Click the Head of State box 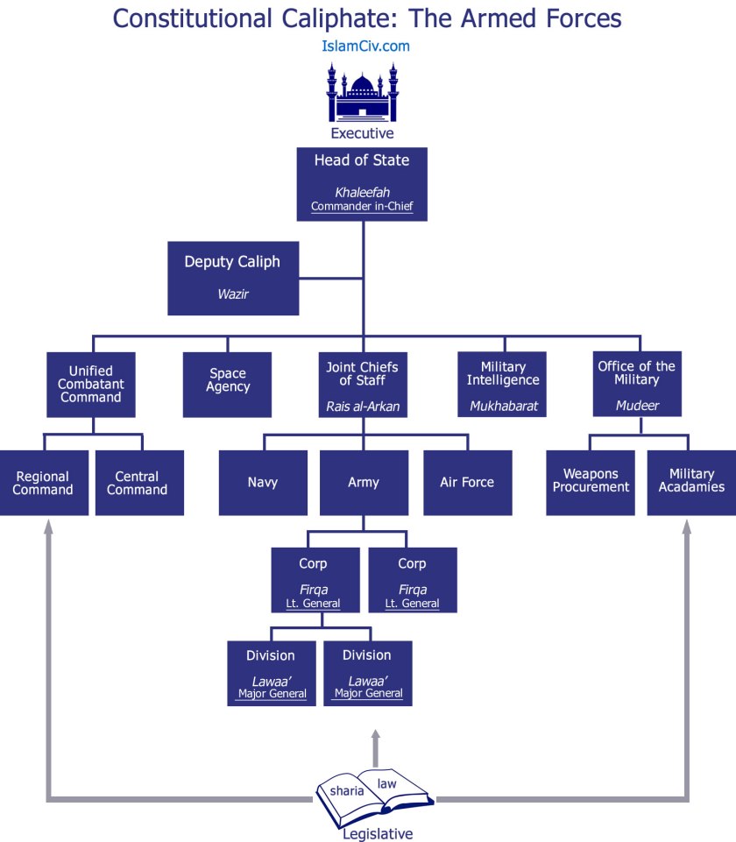[362, 184]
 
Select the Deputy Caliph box [233, 278]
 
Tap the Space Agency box [228, 384]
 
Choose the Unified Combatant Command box [91, 384]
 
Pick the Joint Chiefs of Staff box [363, 384]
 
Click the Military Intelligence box [502, 384]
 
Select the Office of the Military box [636, 384]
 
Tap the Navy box [263, 483]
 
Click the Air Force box [467, 483]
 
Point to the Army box [364, 483]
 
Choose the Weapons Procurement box [590, 483]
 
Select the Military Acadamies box [691, 483]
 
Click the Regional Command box [43, 483]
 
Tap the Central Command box [140, 483]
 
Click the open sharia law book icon [375, 794]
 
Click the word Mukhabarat [502, 406]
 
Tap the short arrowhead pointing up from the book [376, 737]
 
